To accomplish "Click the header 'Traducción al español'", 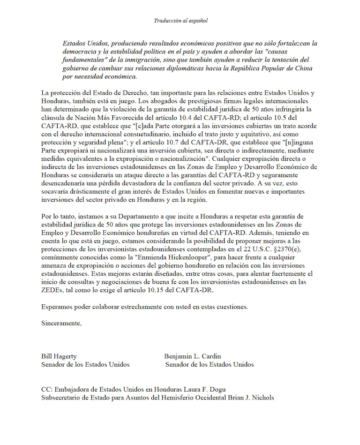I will (x=180, y=21).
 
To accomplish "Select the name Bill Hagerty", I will (x=59, y=356).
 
